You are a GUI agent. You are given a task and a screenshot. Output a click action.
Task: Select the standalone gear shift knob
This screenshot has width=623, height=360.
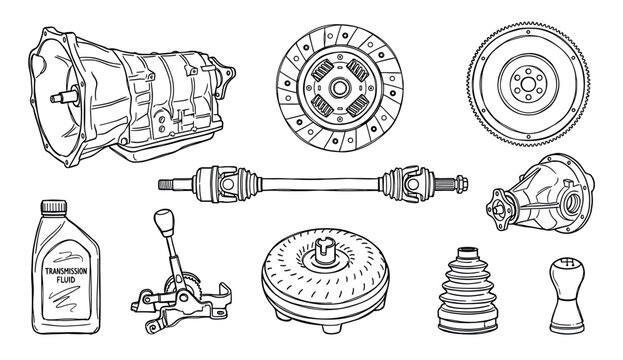[x=562, y=300]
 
